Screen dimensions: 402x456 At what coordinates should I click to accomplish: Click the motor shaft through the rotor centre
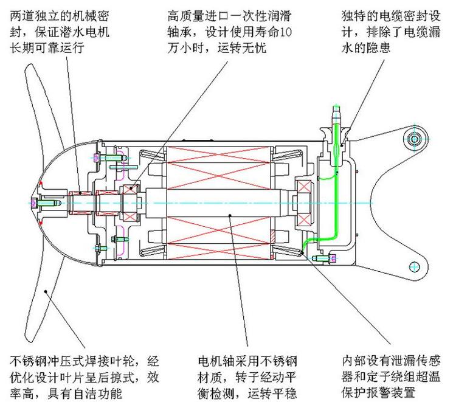tap(225, 202)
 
